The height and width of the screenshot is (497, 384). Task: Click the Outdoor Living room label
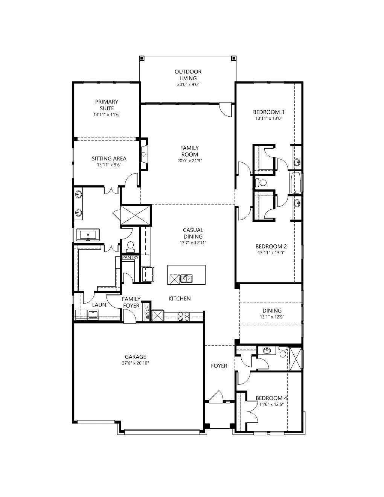coord(188,75)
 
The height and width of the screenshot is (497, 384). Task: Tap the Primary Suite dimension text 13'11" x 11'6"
coord(107,114)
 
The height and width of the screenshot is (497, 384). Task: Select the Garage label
coord(136,357)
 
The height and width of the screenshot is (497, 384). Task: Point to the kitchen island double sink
coord(186,279)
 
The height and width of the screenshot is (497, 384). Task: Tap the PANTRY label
coord(130,258)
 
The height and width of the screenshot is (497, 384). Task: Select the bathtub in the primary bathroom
coord(88,235)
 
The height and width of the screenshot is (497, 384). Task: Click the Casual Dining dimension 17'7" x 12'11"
coord(193,243)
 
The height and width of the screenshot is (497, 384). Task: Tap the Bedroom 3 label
coord(268,112)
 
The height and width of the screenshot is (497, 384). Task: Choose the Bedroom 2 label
coord(271,247)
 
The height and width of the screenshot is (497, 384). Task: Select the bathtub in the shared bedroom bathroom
coord(295,183)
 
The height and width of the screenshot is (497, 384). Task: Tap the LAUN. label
coord(100,305)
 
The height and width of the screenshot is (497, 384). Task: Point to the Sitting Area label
coord(109,159)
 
